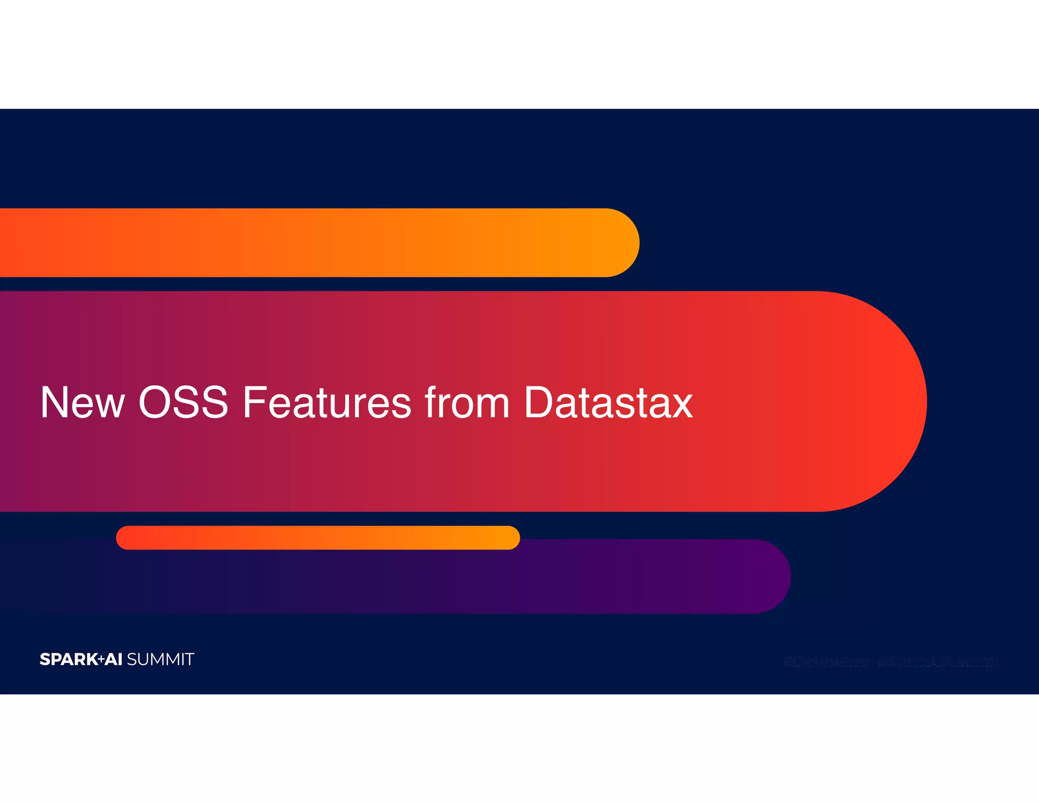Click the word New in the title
82,403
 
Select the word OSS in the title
183,403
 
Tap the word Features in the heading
327,403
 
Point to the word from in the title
467,403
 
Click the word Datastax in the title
608,403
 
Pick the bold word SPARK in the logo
68,659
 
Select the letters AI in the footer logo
114,659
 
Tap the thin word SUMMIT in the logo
160,659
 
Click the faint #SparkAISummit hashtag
938,662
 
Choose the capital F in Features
254,403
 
